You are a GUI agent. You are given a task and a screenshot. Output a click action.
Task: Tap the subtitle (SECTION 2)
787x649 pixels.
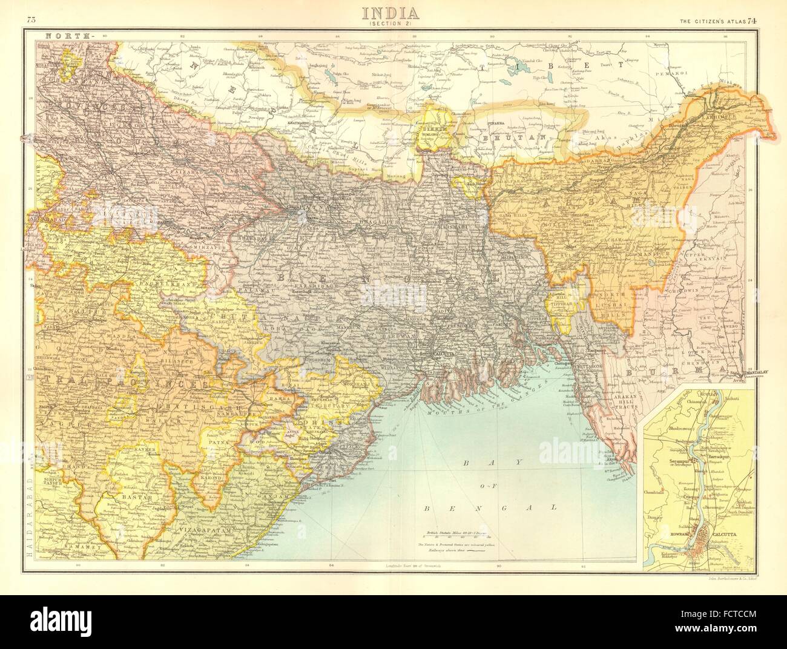pos(393,24)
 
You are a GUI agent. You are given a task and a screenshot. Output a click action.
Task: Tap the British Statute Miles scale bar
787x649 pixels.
pos(458,536)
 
